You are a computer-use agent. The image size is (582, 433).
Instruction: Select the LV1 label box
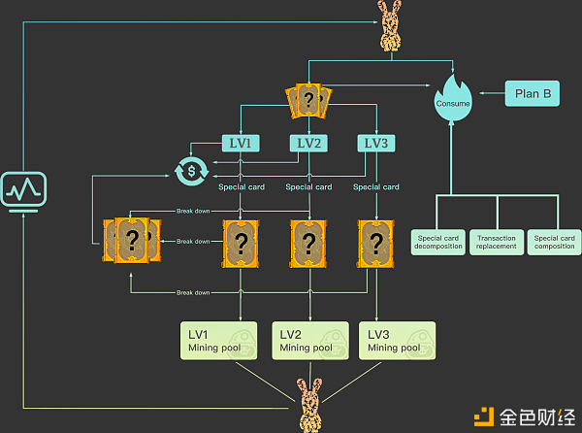tap(240, 143)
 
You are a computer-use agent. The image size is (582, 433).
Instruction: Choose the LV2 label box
tap(307, 143)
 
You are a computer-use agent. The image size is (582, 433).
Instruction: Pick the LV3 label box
tap(375, 143)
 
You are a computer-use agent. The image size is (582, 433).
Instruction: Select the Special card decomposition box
tap(436, 241)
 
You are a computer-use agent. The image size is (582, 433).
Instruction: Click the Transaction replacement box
tap(497, 241)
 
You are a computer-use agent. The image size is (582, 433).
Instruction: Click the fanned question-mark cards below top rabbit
tap(308, 99)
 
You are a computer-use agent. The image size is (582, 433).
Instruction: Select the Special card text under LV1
tap(240, 186)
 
